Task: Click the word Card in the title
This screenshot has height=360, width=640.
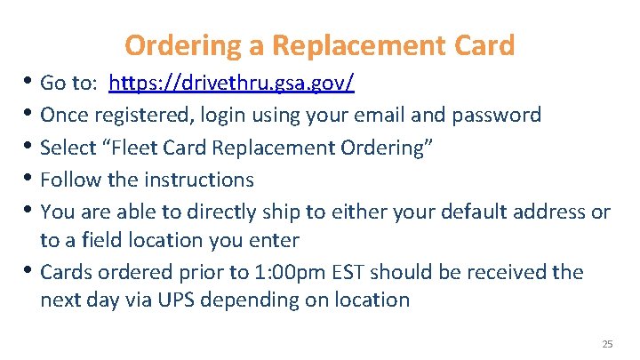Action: [x=482, y=44]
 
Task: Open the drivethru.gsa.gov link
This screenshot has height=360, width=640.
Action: [x=231, y=84]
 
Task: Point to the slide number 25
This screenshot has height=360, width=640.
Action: [x=607, y=344]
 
